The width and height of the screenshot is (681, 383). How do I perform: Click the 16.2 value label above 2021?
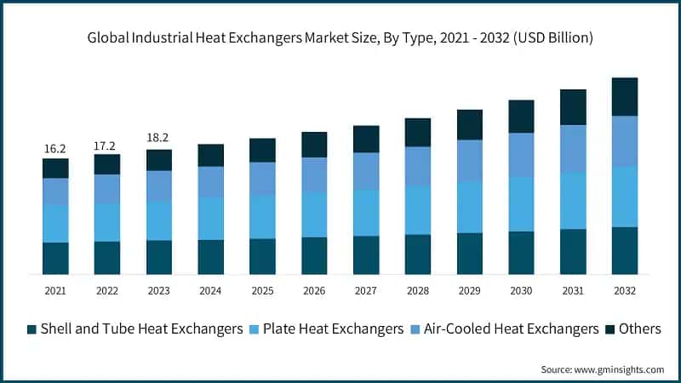[55, 149]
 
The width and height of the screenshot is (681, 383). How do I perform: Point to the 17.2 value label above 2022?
[107, 146]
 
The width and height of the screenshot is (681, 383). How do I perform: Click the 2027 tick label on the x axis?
[366, 291]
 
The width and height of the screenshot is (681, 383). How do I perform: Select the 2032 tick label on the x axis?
[625, 291]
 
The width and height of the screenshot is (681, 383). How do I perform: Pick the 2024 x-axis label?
[210, 291]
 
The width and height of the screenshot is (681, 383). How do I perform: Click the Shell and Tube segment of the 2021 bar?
[55, 258]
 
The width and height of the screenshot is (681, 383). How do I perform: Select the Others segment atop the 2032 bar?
[625, 96]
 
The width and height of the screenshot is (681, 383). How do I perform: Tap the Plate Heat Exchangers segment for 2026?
[314, 214]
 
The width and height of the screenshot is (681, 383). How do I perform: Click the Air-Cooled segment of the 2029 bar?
[470, 160]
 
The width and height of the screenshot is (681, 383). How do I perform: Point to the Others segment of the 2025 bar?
[262, 150]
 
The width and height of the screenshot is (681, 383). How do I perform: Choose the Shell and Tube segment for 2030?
[521, 252]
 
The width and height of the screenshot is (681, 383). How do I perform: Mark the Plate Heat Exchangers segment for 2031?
[573, 201]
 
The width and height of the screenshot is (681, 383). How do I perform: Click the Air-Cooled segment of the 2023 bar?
[159, 186]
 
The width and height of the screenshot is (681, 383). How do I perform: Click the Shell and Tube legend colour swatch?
[31, 329]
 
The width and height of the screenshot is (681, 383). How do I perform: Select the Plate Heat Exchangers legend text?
[333, 329]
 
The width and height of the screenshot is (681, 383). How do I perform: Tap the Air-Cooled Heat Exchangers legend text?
[511, 329]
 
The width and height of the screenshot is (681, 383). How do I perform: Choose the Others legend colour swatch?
[610, 329]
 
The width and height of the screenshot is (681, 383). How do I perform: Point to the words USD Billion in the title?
[553, 38]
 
